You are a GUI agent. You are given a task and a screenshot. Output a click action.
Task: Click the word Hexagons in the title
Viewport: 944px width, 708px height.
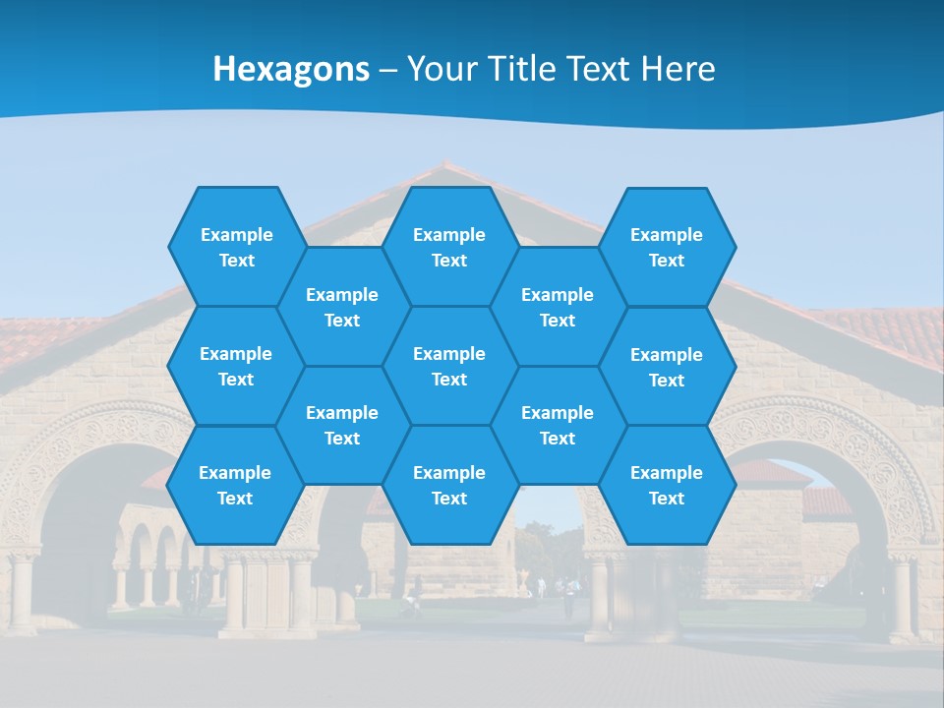(x=291, y=69)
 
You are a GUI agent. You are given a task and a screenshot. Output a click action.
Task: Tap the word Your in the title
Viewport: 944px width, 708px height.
(x=440, y=69)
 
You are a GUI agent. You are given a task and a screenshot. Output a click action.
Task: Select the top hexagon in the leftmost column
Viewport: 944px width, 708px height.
(x=236, y=247)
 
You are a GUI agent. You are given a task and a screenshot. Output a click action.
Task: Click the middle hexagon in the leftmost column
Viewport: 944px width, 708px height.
(x=236, y=366)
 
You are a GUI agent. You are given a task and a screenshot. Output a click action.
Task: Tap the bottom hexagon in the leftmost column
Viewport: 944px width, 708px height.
(x=235, y=485)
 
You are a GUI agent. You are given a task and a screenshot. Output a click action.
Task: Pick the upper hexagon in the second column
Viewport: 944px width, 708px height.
(x=342, y=307)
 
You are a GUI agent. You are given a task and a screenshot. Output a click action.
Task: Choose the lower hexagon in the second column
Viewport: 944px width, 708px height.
(x=342, y=425)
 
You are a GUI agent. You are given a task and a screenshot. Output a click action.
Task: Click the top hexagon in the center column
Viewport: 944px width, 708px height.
(x=449, y=247)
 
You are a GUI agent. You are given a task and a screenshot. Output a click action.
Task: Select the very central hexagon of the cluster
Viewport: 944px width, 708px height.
(x=449, y=366)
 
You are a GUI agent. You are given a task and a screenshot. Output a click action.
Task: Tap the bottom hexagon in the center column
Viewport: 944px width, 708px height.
(x=449, y=485)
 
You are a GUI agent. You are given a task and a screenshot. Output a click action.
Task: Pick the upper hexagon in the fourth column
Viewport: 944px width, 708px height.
(x=558, y=307)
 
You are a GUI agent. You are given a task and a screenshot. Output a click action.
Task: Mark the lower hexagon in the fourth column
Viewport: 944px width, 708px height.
(x=558, y=425)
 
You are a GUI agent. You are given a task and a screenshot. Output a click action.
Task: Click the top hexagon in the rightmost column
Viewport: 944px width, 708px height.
(x=667, y=247)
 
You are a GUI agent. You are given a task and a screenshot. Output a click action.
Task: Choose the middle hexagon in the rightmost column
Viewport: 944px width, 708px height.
(x=667, y=367)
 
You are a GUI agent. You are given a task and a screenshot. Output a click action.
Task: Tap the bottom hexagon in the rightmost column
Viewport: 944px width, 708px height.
(x=667, y=485)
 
